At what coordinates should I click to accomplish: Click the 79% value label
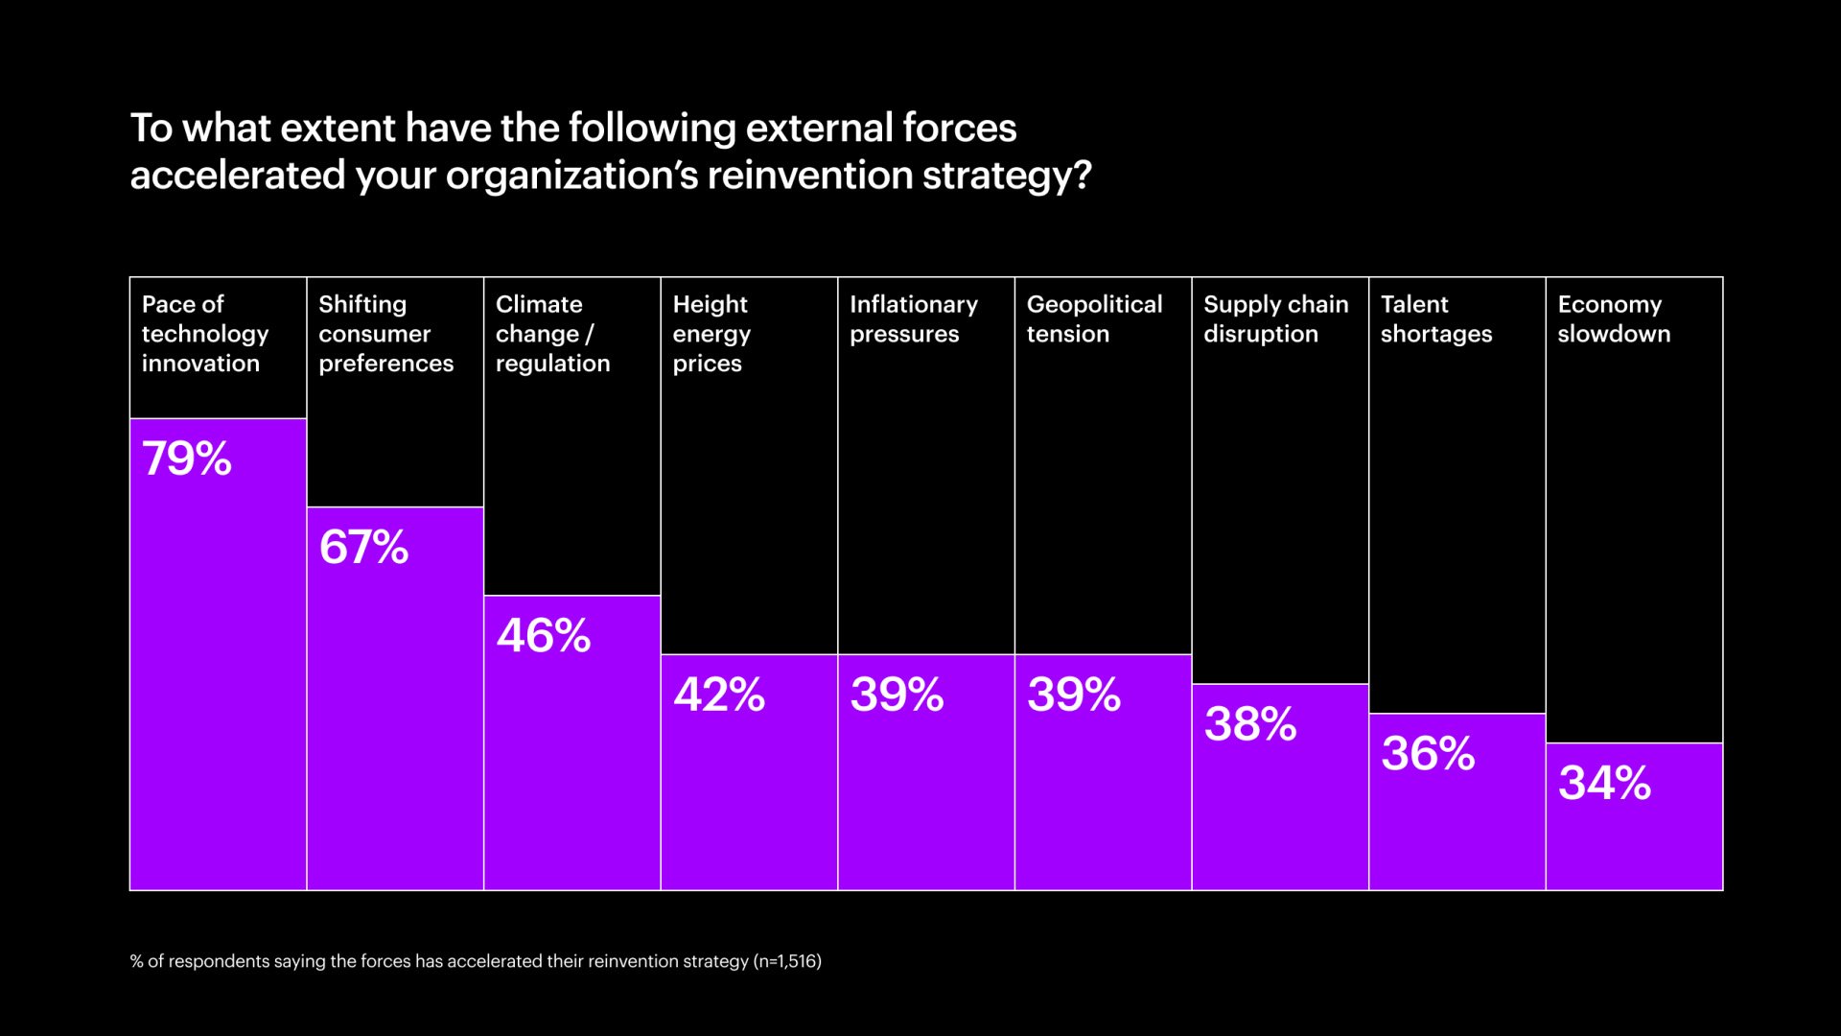point(187,459)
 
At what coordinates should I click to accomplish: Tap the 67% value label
point(363,547)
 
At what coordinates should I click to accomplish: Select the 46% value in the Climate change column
point(543,635)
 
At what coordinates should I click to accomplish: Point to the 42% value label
point(719,695)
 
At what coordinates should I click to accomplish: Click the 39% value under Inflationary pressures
point(897,695)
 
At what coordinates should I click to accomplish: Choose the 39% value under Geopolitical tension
point(1074,695)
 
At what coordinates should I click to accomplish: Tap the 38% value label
point(1250,724)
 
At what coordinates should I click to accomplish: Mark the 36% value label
point(1428,753)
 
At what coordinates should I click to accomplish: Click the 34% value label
point(1604,783)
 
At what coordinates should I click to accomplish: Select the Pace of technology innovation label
point(205,334)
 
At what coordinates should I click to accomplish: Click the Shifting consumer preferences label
point(385,334)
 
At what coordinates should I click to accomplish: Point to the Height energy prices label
point(711,334)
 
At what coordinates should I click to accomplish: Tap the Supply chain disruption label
point(1275,319)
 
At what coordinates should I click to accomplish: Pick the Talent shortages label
point(1435,319)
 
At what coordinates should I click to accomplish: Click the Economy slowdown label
point(1613,319)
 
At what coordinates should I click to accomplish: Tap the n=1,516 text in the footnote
point(787,961)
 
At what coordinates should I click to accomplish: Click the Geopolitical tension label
point(1094,319)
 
